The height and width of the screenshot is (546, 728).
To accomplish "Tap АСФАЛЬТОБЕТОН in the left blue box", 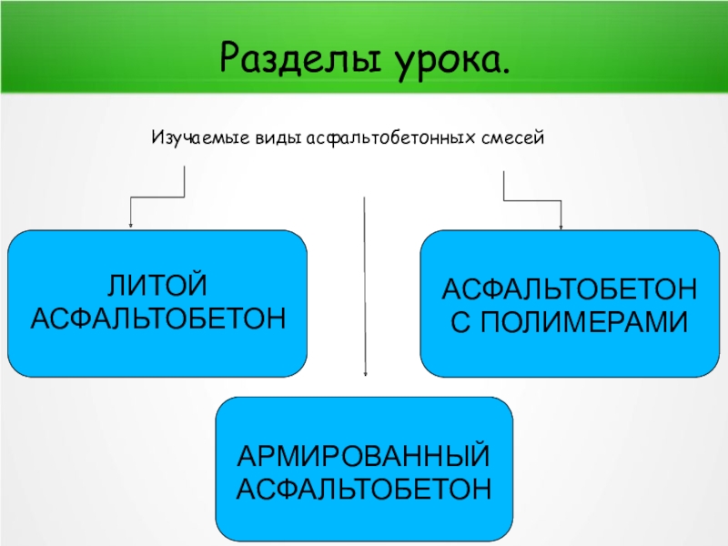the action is click(x=157, y=319).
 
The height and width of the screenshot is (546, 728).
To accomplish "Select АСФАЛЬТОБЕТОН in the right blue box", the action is click(x=570, y=288).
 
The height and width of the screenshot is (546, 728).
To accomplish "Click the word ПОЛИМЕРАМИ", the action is click(x=584, y=321).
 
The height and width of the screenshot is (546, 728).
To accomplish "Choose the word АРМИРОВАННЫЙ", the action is click(x=364, y=455).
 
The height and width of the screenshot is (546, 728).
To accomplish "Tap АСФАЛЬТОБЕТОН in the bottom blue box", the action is click(x=364, y=489).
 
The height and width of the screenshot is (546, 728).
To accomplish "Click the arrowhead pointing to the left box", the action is click(x=131, y=225).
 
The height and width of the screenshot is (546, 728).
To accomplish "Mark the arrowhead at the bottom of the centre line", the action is click(x=365, y=372).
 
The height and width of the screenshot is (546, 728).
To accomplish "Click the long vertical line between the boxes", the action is click(x=365, y=282).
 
